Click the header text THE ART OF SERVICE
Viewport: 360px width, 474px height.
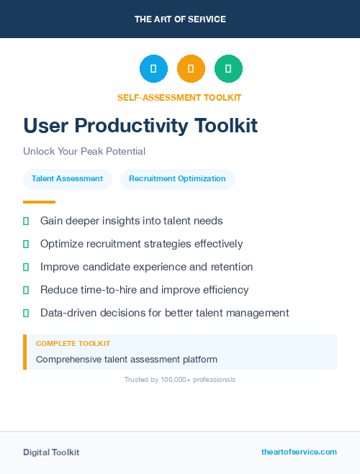tap(180, 19)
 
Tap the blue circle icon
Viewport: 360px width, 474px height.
tap(153, 69)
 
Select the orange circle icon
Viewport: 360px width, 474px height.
tap(191, 69)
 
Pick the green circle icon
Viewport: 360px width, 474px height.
tap(228, 69)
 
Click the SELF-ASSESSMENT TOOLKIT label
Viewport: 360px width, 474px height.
tap(179, 97)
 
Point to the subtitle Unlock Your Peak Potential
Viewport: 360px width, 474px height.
tap(84, 152)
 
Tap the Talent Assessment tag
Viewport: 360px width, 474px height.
tap(67, 178)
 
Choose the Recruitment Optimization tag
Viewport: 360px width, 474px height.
tap(177, 178)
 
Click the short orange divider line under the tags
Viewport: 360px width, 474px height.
tap(39, 202)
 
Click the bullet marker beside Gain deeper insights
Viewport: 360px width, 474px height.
tap(26, 221)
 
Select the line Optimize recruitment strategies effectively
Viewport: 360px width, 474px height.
tap(141, 244)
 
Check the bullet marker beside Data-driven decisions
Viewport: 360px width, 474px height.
tap(26, 313)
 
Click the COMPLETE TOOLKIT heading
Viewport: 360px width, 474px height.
tap(73, 344)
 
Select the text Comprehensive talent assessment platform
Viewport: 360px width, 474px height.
tap(127, 359)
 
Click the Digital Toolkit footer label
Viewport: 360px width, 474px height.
tap(51, 452)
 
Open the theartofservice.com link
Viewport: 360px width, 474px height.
tap(299, 452)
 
